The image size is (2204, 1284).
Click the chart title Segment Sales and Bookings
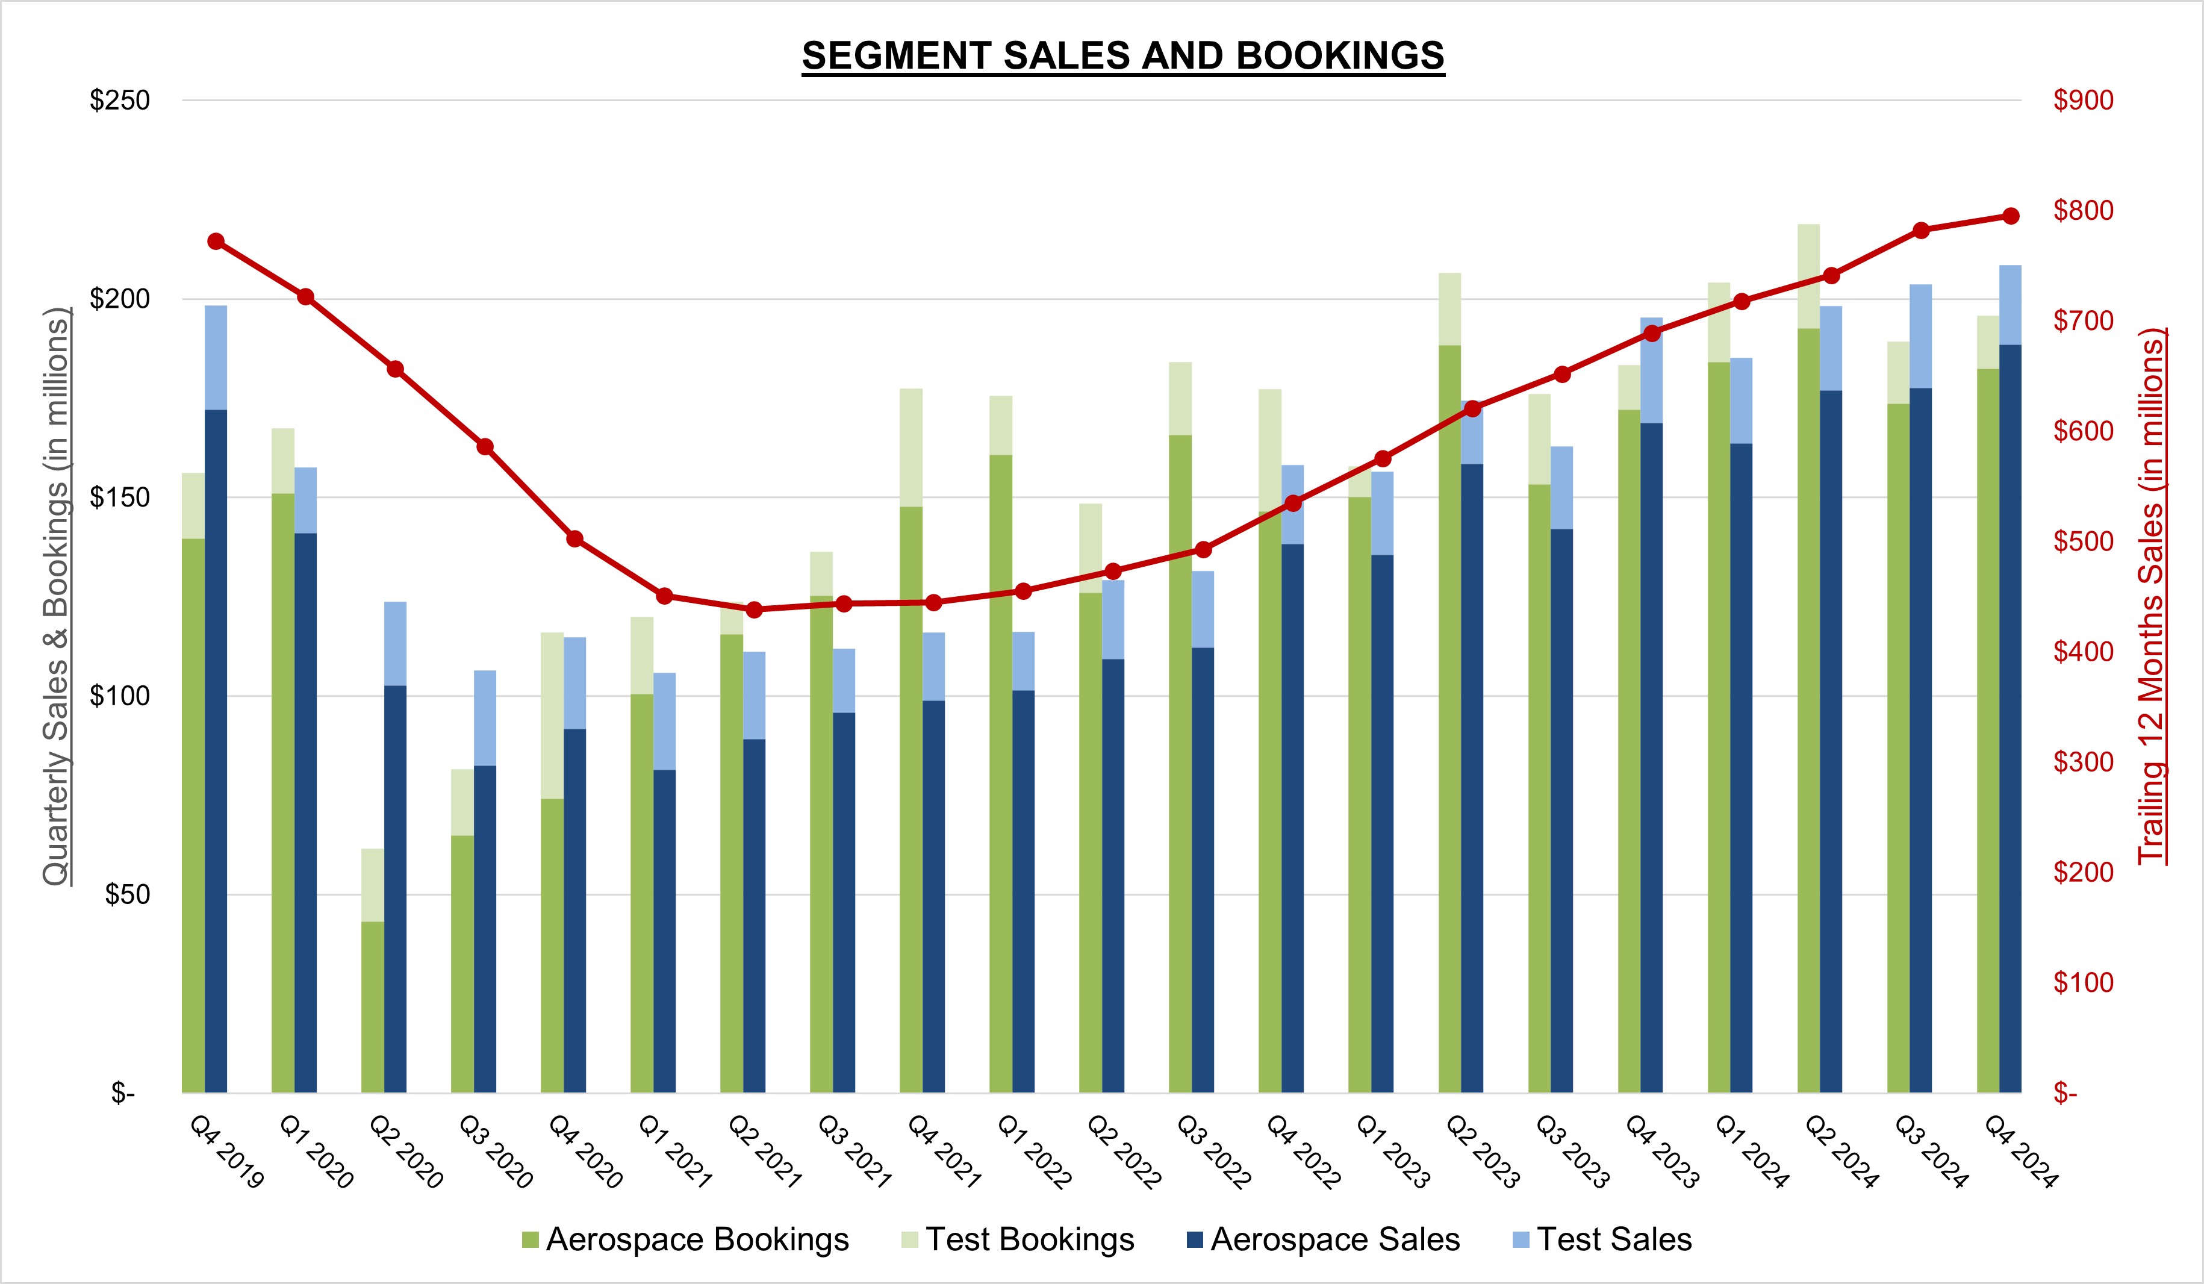pyautogui.click(x=1123, y=56)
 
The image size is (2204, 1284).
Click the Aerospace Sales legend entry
pyautogui.click(x=1322, y=1239)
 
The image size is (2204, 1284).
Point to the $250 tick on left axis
pyautogui.click(x=120, y=101)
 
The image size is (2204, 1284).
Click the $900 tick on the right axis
pyautogui.click(x=2084, y=101)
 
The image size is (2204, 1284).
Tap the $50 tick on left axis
pyautogui.click(x=127, y=895)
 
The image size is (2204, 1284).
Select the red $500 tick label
pyautogui.click(x=2084, y=541)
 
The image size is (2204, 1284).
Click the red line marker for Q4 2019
pyautogui.click(x=216, y=242)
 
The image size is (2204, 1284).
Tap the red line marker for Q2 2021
pyautogui.click(x=755, y=609)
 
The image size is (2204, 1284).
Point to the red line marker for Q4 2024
pyautogui.click(x=2011, y=216)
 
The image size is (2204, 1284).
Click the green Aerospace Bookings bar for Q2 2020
pyautogui.click(x=373, y=1006)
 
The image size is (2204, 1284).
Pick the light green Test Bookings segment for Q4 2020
pyautogui.click(x=552, y=715)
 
